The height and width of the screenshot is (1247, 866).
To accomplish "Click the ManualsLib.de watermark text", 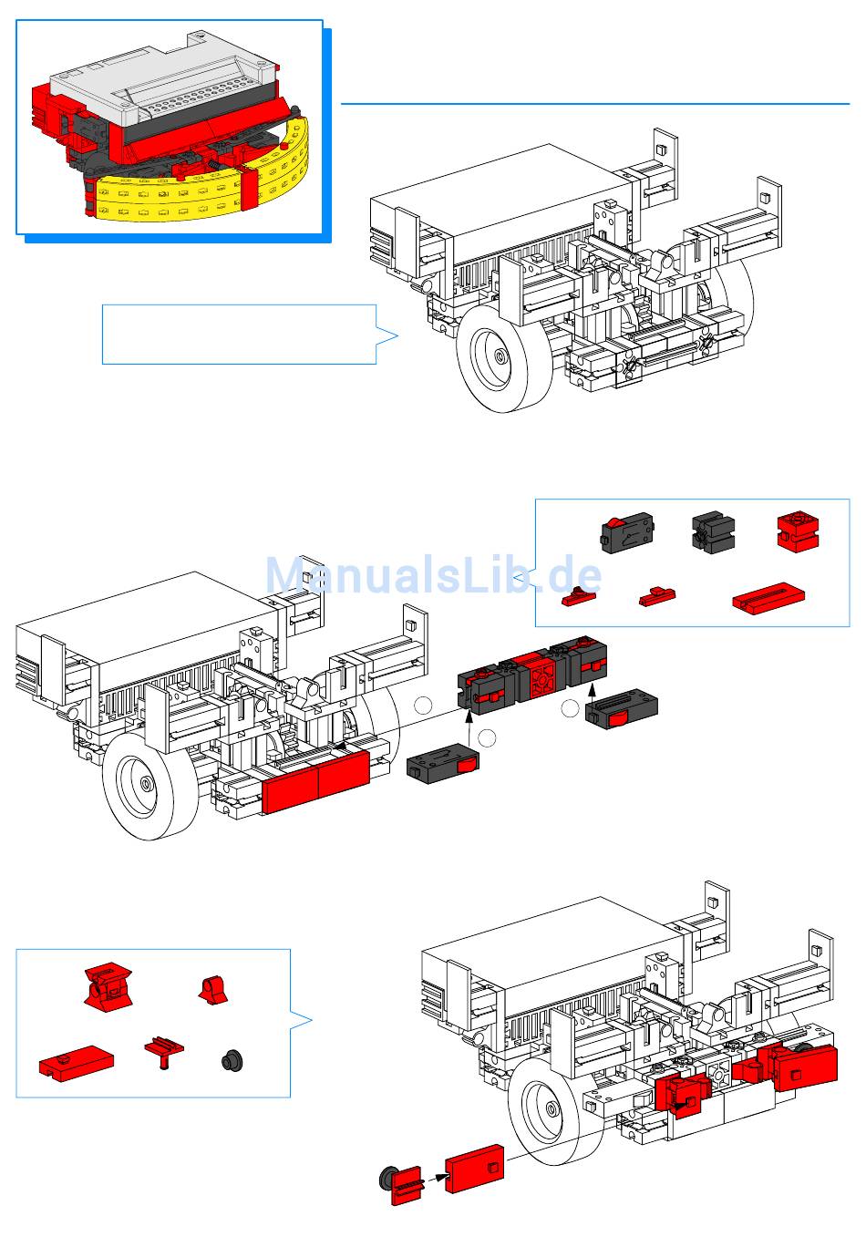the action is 433,574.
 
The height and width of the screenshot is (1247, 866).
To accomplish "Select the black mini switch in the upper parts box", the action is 627,532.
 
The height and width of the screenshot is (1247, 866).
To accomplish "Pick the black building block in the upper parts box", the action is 714,532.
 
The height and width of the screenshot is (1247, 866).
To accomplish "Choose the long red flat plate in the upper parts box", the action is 768,599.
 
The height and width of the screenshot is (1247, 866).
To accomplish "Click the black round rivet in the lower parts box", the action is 232,1060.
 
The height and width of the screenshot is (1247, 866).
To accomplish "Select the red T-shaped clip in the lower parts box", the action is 164,1050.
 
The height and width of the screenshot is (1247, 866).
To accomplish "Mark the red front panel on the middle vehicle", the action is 315,780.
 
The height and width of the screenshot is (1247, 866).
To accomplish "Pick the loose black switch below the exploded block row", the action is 442,764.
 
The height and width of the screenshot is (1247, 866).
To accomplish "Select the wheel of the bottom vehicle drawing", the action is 557,1112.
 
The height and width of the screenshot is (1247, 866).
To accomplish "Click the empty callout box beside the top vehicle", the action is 240,335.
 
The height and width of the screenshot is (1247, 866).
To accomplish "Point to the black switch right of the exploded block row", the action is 621,708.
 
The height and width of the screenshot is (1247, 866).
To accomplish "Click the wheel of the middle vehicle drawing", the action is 151,786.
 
